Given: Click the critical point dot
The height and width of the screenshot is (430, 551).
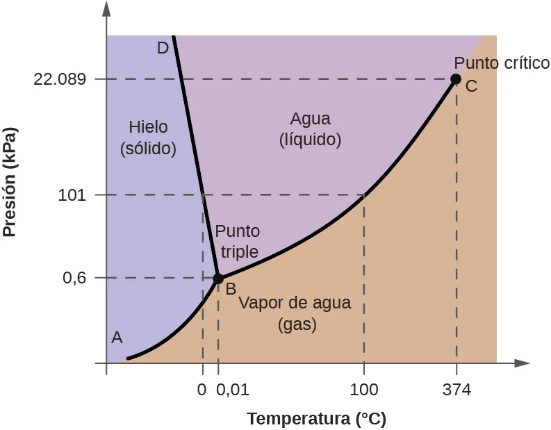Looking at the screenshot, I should pos(456,79).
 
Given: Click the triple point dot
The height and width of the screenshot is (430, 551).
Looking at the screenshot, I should pos(217,279).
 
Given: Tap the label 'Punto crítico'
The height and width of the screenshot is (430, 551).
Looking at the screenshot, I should pos(502,63).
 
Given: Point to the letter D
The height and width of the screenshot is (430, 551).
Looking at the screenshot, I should pos(163,48).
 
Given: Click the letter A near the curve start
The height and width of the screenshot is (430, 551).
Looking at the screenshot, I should pos(117,338).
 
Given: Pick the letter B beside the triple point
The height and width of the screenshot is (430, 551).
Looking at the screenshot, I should pos(231,288).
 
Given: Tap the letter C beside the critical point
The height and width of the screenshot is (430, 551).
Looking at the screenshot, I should pos(471,87).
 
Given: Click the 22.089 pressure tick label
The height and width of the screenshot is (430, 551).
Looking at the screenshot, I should pos(60,79).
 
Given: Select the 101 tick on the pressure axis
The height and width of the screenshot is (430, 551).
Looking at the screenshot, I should pos(72,195).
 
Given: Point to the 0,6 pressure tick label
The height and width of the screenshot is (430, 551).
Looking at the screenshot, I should pos(74,279).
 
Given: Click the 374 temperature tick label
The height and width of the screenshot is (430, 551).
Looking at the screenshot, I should pos(457,390).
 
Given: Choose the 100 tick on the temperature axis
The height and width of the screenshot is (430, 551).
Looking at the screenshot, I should pos(364,390).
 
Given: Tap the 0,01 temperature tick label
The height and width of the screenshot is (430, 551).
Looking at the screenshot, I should pos(233,390).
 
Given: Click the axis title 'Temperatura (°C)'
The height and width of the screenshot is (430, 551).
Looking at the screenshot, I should pos(316,419).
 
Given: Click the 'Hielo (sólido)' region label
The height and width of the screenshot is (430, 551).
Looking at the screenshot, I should pos(148,137).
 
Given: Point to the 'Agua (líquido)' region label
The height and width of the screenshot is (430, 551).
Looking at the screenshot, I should pos(310,129).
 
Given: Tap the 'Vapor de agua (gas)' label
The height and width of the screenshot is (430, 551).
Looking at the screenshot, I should pos(295,314).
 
